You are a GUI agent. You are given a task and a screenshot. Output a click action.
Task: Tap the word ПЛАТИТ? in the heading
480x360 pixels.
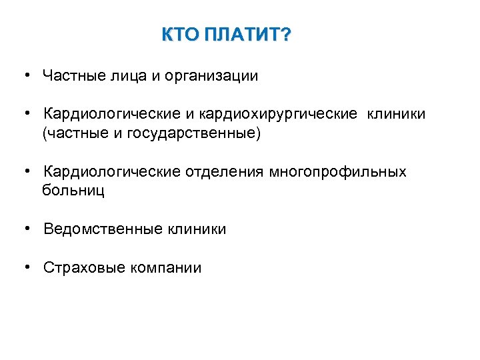(247, 35)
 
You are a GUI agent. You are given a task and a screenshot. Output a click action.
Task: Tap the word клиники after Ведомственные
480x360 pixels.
(197, 229)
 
